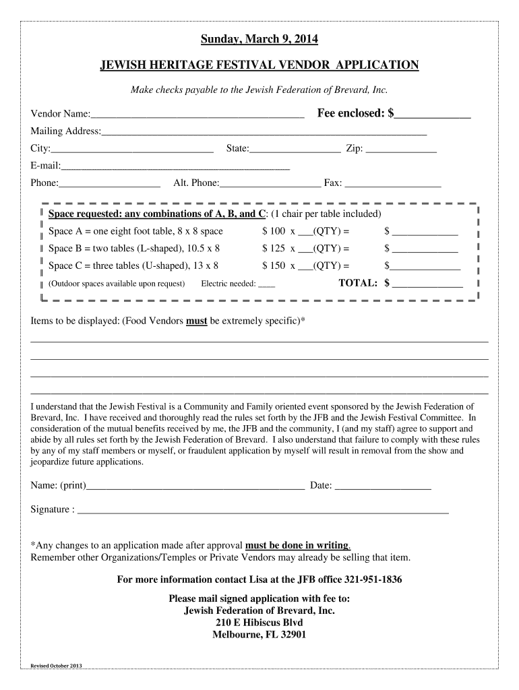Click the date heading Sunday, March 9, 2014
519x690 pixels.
click(x=259, y=40)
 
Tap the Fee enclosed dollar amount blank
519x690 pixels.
click(x=433, y=115)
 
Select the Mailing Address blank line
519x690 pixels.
click(x=264, y=132)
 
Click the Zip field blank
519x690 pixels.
click(x=401, y=150)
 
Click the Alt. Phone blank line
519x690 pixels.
click(x=270, y=183)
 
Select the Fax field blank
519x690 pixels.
click(x=393, y=183)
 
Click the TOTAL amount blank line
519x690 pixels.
click(x=427, y=284)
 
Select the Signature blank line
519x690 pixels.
click(x=263, y=511)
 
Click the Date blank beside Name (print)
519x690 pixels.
click(x=383, y=487)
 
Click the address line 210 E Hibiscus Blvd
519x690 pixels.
click(x=259, y=623)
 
